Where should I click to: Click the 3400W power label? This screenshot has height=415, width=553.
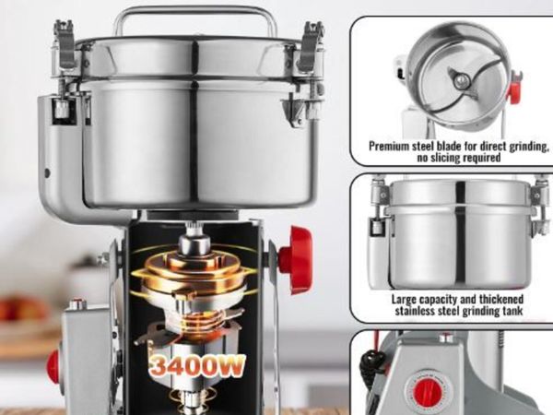(196, 366)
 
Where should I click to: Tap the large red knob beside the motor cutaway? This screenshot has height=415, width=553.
(296, 260)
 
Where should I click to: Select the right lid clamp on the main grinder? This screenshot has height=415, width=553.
(312, 46)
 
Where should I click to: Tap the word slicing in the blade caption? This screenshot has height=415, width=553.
(447, 158)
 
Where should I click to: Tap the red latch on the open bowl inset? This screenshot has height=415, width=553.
(513, 91)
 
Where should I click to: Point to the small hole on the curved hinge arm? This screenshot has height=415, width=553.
(47, 173)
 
